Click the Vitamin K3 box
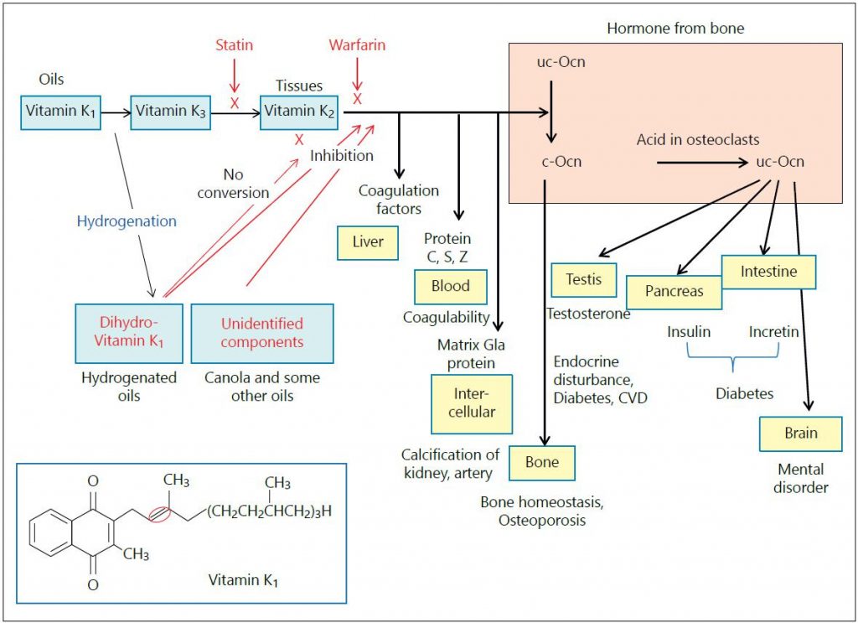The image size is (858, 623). [x=171, y=112]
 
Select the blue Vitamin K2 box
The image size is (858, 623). [x=299, y=112]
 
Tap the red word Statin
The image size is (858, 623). [x=234, y=44]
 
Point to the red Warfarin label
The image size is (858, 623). [x=358, y=44]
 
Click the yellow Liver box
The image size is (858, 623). [x=368, y=242]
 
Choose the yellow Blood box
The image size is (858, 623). [x=450, y=286]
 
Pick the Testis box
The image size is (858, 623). [x=584, y=280]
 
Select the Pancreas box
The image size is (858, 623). [x=674, y=292]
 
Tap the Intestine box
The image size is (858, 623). [x=768, y=272]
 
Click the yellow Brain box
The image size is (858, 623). [x=801, y=434]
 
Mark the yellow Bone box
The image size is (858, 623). [x=542, y=461]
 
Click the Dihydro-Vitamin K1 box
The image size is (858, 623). [x=129, y=332]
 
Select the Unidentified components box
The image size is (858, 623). [x=262, y=332]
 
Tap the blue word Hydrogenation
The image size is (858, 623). [x=127, y=221]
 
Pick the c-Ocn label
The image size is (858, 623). [x=559, y=161]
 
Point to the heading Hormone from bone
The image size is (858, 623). [x=675, y=29]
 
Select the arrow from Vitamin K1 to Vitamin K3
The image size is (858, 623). [x=116, y=112]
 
